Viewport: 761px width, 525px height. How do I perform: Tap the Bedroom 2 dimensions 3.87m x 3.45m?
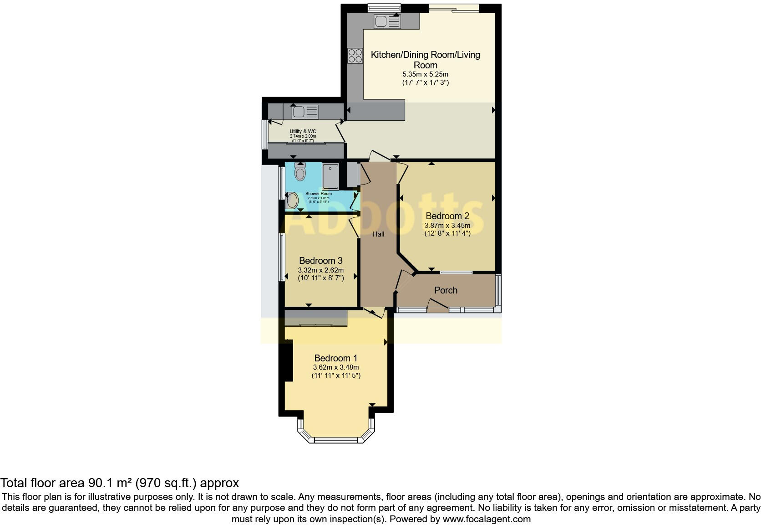pyautogui.click(x=447, y=225)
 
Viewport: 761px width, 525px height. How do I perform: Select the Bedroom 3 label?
pyautogui.click(x=320, y=261)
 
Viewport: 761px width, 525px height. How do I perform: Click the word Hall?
pyautogui.click(x=378, y=234)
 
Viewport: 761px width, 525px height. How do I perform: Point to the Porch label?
pyautogui.click(x=446, y=290)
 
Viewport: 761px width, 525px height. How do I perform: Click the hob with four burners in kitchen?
pyautogui.click(x=355, y=56)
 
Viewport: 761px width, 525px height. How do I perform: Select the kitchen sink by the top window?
pyautogui.click(x=387, y=21)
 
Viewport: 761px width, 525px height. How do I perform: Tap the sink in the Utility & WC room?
pyautogui.click(x=305, y=112)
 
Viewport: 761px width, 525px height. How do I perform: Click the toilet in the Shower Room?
pyautogui.click(x=300, y=172)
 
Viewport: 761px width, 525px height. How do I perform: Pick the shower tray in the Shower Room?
pyautogui.click(x=330, y=175)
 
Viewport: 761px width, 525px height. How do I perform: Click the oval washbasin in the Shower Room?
pyautogui.click(x=292, y=201)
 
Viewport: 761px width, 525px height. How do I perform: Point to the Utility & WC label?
pyautogui.click(x=303, y=131)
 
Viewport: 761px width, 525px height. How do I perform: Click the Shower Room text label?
pyautogui.click(x=318, y=194)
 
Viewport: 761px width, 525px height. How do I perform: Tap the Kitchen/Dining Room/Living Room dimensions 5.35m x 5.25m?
pyautogui.click(x=425, y=74)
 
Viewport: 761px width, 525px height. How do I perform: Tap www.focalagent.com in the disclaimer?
pyautogui.click(x=487, y=519)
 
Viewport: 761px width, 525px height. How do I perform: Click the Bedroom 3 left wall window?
pyautogui.click(x=282, y=257)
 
